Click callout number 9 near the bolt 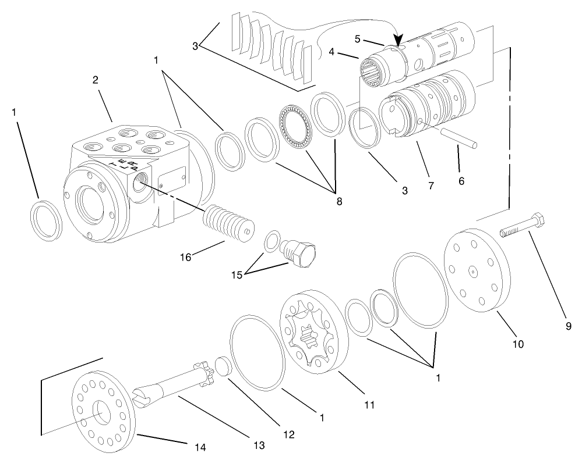568,326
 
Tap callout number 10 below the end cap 518,344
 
